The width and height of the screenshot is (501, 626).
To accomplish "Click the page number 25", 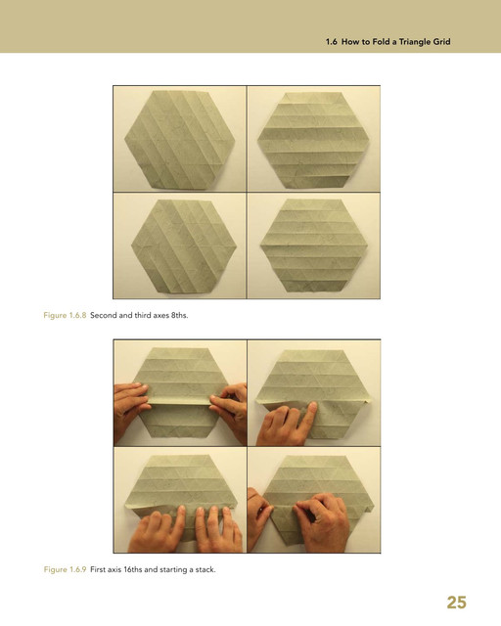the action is coord(456,603).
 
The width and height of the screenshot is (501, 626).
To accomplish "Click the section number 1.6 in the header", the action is coord(331,41).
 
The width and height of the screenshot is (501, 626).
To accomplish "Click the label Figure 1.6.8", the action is coord(65,315).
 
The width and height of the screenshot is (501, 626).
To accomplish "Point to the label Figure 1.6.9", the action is coord(65,569).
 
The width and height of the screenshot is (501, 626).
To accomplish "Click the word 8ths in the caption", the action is coord(179,315).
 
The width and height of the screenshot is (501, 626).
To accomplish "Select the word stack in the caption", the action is coord(205,569).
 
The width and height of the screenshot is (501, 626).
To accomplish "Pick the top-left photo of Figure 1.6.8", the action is coord(180,139).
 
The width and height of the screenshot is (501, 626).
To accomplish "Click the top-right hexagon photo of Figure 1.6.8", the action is coord(314,139).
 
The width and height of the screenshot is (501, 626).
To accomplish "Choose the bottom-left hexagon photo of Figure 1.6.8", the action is coord(180,246).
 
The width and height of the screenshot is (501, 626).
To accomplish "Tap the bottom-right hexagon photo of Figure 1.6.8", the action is coord(314,246).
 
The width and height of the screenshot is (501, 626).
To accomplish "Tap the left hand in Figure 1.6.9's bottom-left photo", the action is coord(158,530).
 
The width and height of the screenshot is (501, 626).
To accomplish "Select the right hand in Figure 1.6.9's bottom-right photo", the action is coord(322,523).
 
